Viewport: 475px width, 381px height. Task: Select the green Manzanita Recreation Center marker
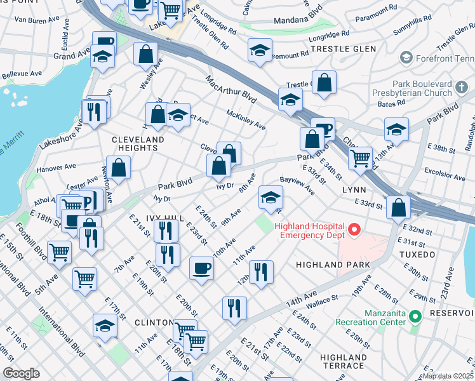coord(415,316)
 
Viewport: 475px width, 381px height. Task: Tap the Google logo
coord(21,373)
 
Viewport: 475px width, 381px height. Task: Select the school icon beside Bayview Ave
coord(271,198)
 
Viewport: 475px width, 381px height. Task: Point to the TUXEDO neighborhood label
coord(418,255)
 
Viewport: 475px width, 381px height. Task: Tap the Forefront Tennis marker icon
coord(405,58)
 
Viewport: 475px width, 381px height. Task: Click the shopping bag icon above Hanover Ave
coord(118,168)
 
